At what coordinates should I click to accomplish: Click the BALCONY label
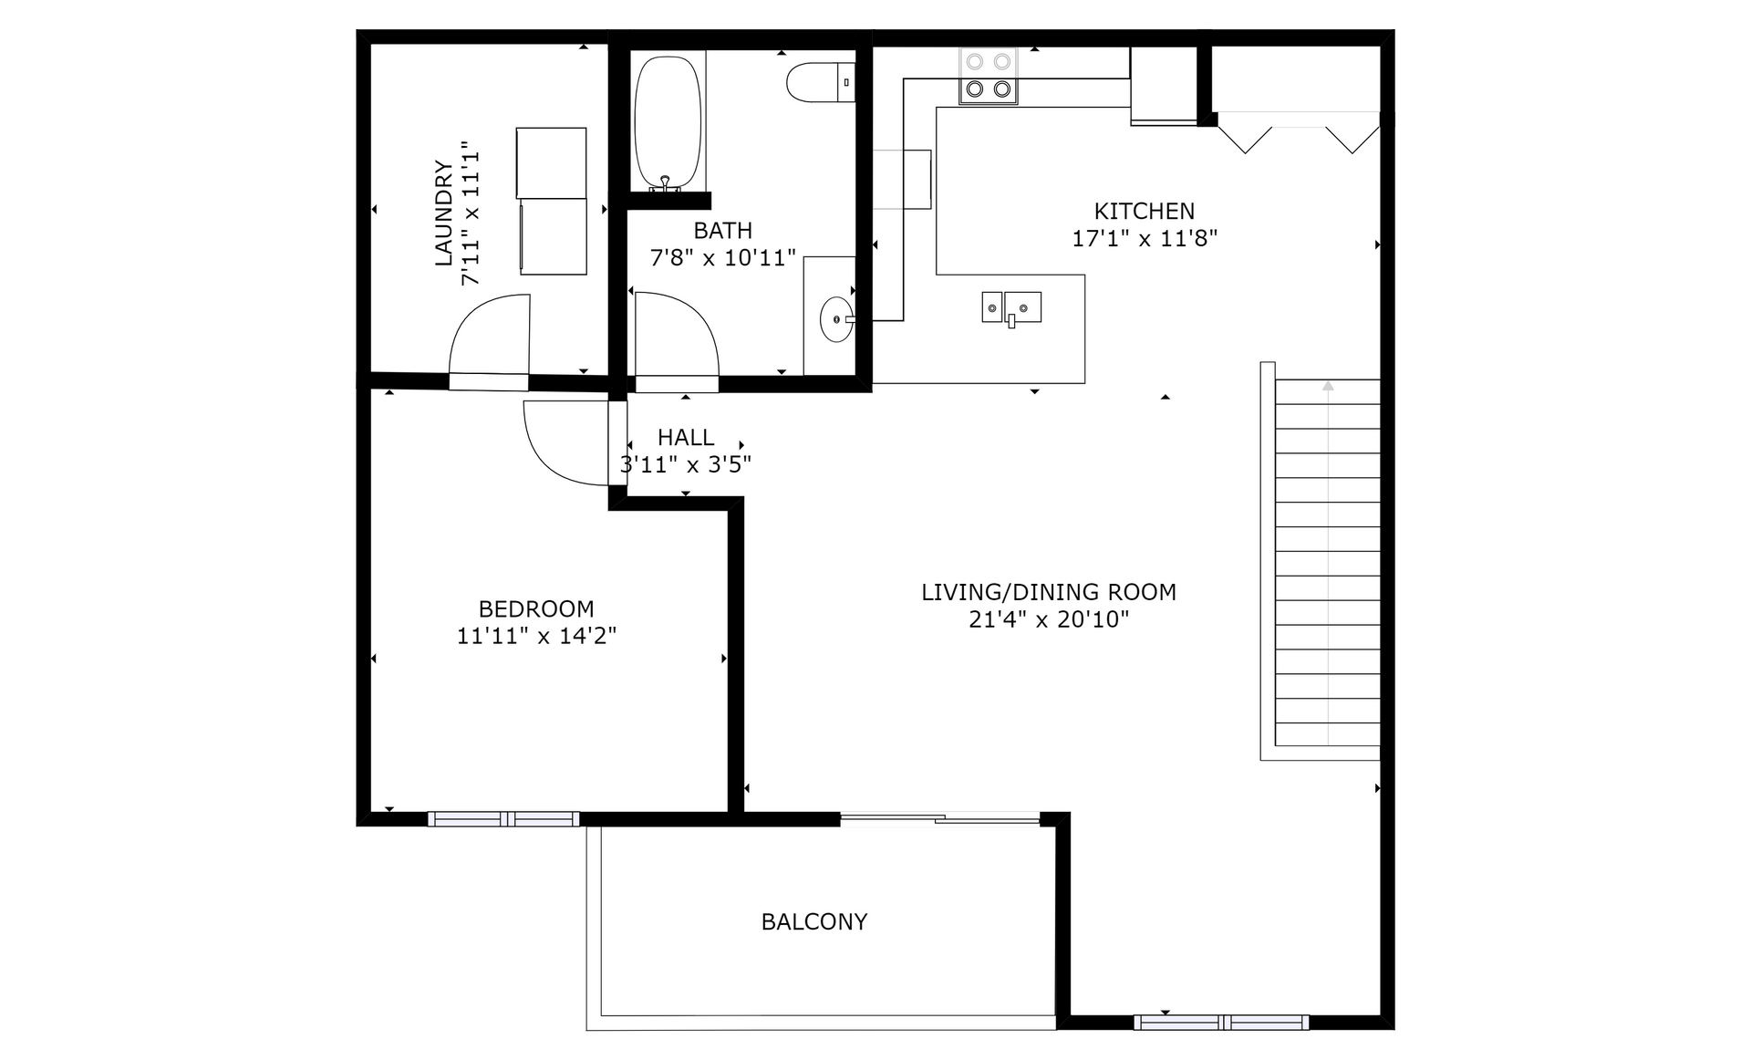[x=813, y=921]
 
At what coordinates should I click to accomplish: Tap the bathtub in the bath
[x=668, y=123]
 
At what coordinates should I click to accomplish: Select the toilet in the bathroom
[x=821, y=82]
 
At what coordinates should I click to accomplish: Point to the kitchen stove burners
[x=989, y=76]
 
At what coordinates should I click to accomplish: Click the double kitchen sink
[x=1011, y=307]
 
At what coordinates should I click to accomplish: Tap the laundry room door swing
[x=490, y=336]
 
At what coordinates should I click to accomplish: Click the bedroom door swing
[x=566, y=443]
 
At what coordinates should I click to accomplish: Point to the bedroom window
[x=503, y=819]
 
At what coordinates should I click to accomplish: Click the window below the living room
[x=1221, y=1023]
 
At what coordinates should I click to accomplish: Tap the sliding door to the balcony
[x=939, y=819]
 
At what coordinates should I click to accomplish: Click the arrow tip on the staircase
[x=1328, y=385]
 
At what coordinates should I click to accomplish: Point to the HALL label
[x=686, y=438]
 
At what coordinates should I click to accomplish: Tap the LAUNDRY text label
[x=443, y=213]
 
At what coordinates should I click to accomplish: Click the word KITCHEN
[x=1145, y=212]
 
